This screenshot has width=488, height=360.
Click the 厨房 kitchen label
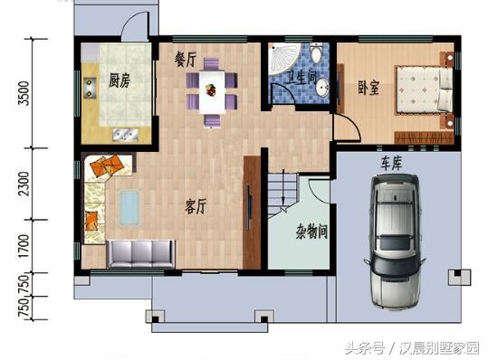120,81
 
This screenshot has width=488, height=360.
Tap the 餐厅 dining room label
186,59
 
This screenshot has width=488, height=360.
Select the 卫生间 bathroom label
301,80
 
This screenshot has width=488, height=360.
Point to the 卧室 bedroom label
368,88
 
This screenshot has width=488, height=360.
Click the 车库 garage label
391,163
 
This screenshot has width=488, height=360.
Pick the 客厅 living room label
196,206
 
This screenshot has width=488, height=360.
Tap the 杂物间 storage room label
311,232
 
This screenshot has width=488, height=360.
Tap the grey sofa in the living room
140,254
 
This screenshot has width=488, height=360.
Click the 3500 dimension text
25,94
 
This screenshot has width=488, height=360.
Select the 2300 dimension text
25,185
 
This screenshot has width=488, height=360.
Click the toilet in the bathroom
315,55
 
